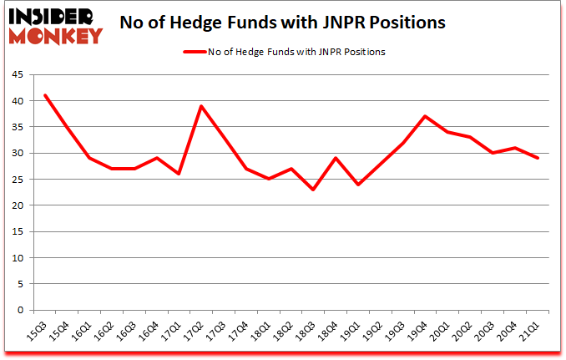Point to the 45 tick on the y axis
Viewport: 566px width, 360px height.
coord(18,74)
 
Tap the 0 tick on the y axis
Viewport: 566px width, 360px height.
coord(20,310)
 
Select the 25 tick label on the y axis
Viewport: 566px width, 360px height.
coord(18,179)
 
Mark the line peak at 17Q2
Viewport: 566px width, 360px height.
coord(201,106)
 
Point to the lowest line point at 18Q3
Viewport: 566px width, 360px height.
coord(312,190)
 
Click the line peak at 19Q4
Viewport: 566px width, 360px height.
coord(425,116)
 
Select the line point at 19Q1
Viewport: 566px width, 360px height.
coord(357,185)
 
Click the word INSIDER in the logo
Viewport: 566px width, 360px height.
coord(51,17)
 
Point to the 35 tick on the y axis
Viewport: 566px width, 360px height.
coord(18,127)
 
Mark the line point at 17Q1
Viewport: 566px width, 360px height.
coord(178,174)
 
